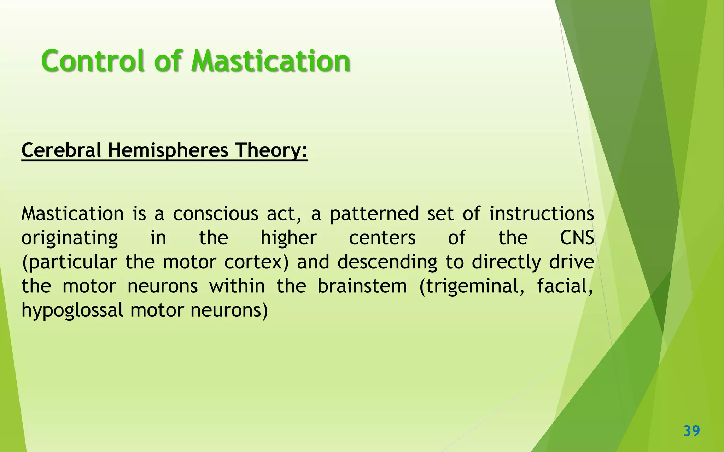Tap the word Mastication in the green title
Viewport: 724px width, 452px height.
(x=271, y=61)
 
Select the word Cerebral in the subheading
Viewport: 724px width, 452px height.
(x=61, y=150)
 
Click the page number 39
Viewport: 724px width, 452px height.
(x=691, y=431)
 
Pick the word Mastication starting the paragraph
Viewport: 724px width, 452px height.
(x=72, y=214)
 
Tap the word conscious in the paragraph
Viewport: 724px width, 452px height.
(x=216, y=214)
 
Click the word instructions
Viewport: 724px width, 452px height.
(x=542, y=214)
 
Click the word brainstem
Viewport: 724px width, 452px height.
(x=362, y=286)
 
